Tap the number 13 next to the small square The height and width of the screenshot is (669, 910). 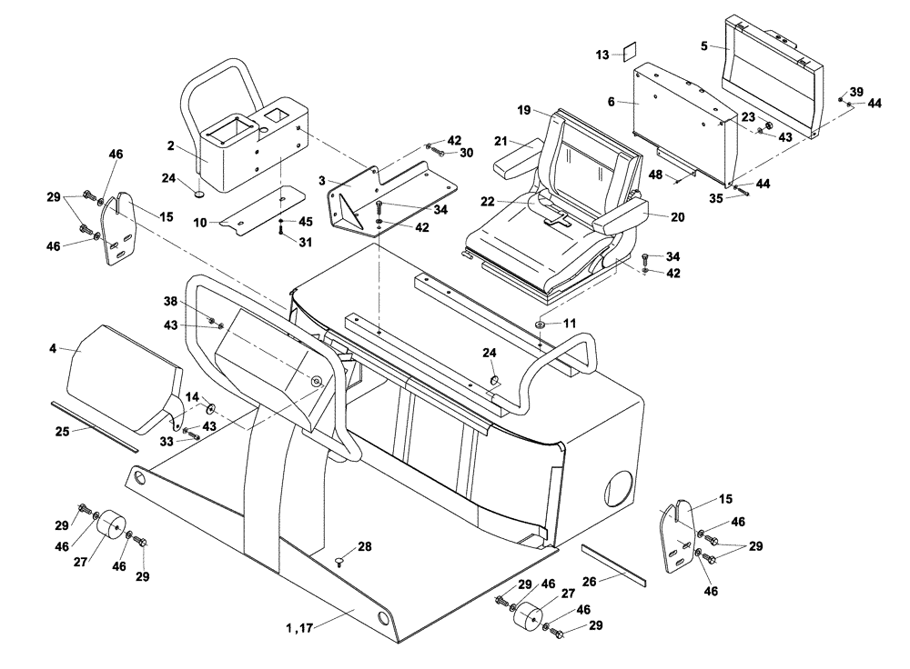coord(602,55)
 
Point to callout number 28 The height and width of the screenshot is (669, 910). coord(365,546)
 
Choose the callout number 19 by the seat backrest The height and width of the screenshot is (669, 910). coord(524,110)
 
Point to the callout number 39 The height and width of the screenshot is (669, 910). coord(856,92)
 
